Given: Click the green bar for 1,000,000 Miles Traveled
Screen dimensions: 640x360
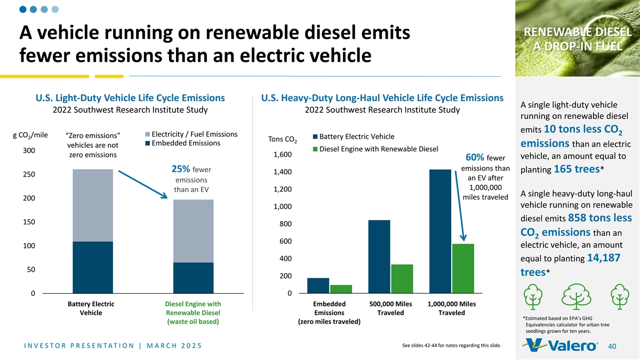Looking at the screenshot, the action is (463, 268).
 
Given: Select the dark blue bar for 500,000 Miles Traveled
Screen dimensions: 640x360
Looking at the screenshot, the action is (379, 257).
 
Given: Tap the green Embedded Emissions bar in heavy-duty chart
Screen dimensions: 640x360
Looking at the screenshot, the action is (341, 289).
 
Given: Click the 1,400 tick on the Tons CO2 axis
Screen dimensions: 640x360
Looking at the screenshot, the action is (283, 172).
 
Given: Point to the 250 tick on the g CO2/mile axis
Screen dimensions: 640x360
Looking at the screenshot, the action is (29, 174).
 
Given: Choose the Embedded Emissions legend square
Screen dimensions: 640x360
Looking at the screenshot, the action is (147, 143).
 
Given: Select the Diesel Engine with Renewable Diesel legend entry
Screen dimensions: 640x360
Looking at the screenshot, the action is (375, 149).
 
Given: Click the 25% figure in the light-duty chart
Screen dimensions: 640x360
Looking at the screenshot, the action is (181, 169).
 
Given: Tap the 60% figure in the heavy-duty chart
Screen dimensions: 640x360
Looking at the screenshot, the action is (475, 157).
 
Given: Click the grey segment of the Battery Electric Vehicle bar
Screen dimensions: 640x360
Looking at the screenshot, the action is (93, 205).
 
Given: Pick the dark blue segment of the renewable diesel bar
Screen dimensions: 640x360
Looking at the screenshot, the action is (194, 278).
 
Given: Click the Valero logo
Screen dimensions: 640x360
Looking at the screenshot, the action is (560, 345).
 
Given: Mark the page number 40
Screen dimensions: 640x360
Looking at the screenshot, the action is (612, 346).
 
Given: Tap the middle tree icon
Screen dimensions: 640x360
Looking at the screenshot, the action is (577, 297).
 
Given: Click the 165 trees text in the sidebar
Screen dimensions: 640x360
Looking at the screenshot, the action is (577, 169).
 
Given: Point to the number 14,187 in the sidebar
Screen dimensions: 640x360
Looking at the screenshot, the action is (604, 258).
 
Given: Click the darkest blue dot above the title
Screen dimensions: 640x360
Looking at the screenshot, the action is (23, 10).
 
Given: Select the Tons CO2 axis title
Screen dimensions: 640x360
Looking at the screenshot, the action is (282, 139).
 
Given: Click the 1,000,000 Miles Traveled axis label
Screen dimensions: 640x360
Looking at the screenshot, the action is (452, 308).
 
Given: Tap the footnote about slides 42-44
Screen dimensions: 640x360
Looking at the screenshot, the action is (451, 346).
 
